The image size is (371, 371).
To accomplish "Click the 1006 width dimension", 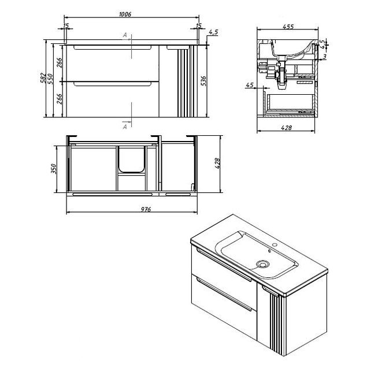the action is pos(125,14).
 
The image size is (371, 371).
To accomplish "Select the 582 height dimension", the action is pos(43,78).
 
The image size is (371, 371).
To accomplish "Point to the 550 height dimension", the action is pos(50,79).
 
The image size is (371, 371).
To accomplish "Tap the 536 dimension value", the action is pos(203,81).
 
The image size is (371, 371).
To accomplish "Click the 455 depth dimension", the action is pos(288,27).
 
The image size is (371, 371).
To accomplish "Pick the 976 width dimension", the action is pos(146,209).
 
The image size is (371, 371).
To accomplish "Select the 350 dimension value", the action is pos(54,169).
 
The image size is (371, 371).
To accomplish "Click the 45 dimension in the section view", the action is pos(250,85).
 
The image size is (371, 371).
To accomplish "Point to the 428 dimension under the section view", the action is pos(287,128).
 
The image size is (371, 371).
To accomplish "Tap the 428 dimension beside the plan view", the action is pos(217,164).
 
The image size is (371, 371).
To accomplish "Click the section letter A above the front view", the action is pos(125,35).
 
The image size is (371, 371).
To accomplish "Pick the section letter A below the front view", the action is pos(125,127).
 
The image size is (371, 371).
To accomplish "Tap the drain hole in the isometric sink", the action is pos(262,264).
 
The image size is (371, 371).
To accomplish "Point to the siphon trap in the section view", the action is pos(281,76).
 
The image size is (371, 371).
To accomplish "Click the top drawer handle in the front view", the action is pos(113,47).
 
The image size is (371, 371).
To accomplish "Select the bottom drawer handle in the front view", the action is pos(113,84).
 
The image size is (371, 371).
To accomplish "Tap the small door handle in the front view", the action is pos(178,47).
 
